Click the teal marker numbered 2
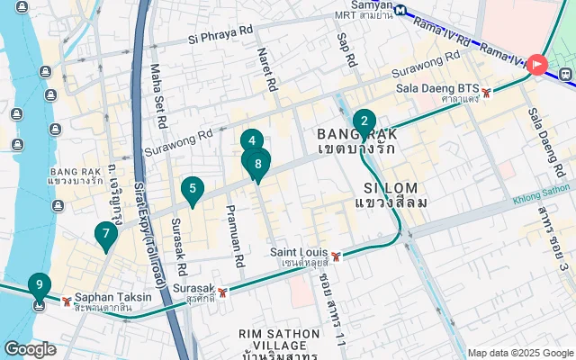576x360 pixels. point(364,121)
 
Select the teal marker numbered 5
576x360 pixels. point(191,189)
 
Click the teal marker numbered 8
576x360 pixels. point(258,164)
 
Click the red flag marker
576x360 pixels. point(537,64)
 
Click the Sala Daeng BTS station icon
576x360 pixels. point(487,92)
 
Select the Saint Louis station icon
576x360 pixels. point(336,256)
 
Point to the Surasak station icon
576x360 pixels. point(221,291)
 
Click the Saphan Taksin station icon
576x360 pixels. point(67,301)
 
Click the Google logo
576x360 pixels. point(31,349)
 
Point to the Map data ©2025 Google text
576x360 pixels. point(520,353)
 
